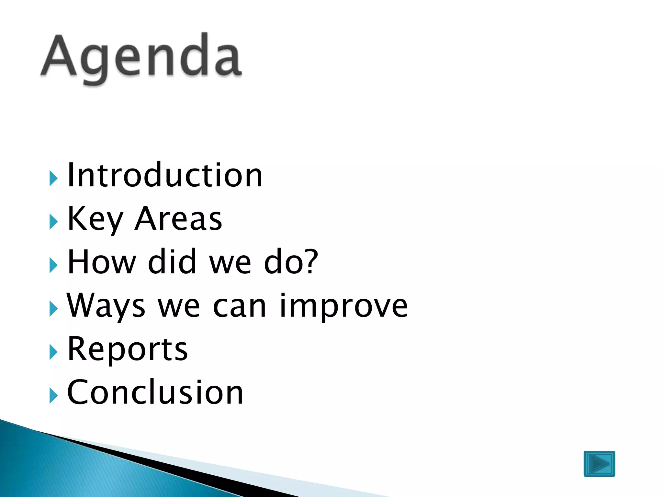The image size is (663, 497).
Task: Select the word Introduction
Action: [x=164, y=175]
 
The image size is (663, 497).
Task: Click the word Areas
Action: [x=178, y=219]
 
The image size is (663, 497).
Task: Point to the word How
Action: [x=102, y=262]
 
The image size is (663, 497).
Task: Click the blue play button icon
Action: [x=599, y=464]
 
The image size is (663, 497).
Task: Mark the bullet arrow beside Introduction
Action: [x=53, y=179]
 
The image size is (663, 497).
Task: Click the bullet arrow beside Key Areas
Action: [x=53, y=222]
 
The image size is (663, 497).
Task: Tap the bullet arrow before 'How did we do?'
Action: [x=53, y=266]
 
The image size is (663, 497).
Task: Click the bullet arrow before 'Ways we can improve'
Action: [x=53, y=309]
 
